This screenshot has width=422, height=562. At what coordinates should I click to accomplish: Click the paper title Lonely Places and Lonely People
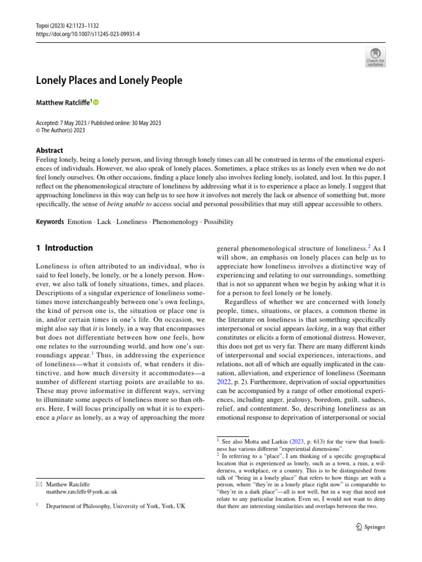coord(109,81)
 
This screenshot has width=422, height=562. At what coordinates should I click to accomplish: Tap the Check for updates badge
coord(376,57)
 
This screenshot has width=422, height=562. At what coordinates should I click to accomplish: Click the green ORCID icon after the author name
coord(96,102)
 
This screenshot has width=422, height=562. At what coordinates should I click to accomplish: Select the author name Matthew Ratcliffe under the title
coord(63,102)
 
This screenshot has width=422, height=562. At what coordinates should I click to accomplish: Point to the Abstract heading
coord(49,150)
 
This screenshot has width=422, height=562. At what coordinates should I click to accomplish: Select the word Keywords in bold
coord(49,222)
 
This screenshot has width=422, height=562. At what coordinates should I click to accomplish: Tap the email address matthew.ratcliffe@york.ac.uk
coord(81,492)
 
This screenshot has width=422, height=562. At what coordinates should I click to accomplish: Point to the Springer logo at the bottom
coord(370,527)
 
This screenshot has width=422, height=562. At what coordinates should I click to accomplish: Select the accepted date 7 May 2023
coord(79,123)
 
